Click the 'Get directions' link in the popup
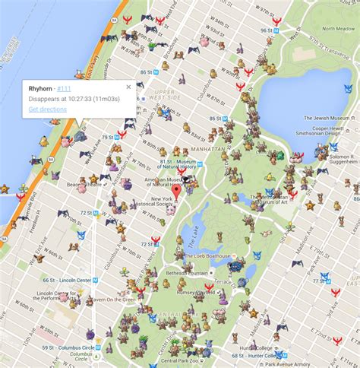[46, 109]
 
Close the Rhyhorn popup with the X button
[128, 87]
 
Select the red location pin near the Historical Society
[176, 192]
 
